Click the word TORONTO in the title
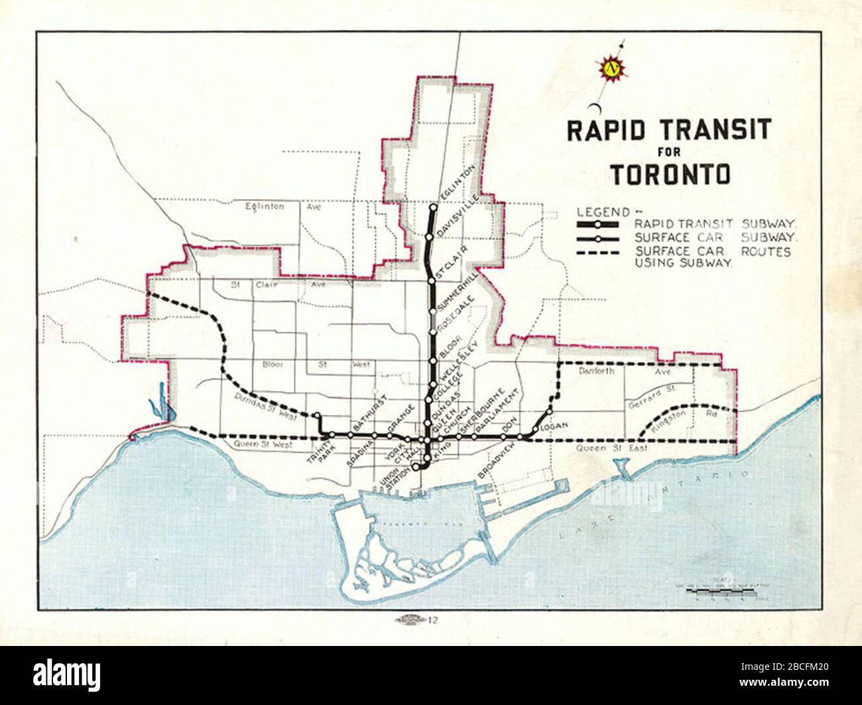pos(670,174)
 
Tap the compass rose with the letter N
pos(612,68)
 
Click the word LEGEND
pos(603,212)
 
